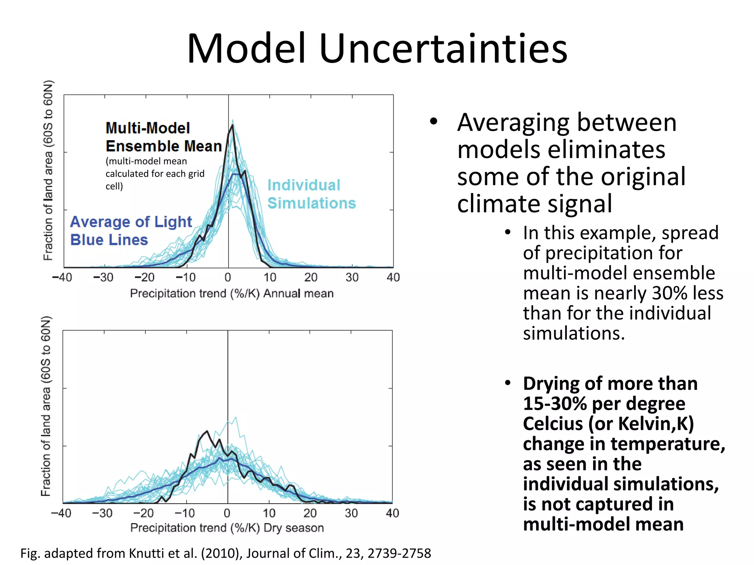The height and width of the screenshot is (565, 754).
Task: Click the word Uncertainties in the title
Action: [443, 49]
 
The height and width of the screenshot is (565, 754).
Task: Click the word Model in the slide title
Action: [246, 49]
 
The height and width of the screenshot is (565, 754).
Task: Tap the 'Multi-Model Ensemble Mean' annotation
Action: [163, 137]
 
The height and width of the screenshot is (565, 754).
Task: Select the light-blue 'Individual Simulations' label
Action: [311, 194]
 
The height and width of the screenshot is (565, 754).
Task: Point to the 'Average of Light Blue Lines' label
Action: [131, 231]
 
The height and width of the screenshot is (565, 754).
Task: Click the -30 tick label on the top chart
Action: [103, 277]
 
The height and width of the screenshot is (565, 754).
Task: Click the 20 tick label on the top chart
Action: [311, 277]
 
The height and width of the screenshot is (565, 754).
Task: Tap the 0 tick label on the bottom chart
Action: [227, 513]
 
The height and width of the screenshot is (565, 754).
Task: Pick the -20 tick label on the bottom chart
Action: [143, 513]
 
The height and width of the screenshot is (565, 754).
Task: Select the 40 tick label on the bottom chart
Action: [392, 513]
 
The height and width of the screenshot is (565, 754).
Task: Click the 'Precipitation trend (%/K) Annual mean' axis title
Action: [232, 294]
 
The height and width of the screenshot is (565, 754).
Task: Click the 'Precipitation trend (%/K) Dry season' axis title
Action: [227, 528]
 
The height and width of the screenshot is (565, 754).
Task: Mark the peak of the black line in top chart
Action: [232, 125]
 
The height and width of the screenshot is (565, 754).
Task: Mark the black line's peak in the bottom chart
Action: [207, 431]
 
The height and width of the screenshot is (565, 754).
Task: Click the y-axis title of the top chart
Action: [48, 170]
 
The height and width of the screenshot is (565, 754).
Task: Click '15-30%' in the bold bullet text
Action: [555, 404]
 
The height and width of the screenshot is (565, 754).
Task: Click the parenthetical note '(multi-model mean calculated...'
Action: [155, 174]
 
